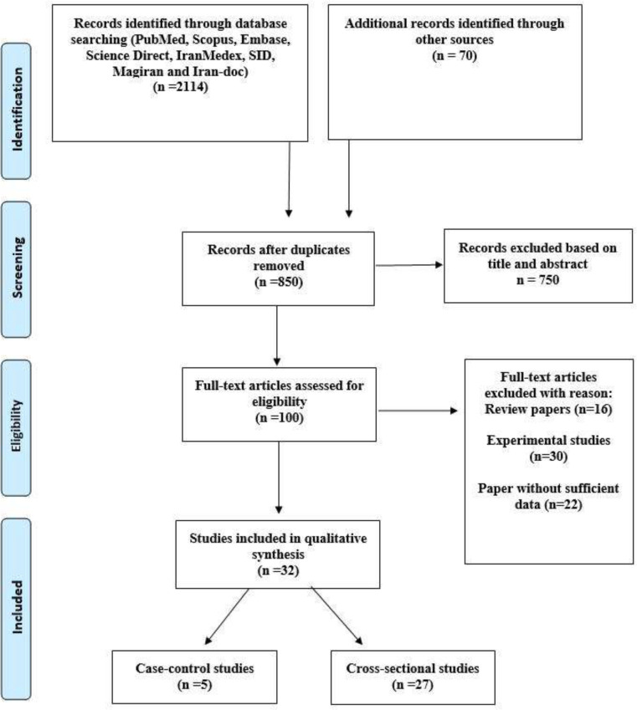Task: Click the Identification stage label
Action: click(17, 110)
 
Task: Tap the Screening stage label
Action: click(17, 268)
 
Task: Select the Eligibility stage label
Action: click(17, 426)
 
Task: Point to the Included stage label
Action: click(17, 607)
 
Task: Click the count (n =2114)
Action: click(181, 86)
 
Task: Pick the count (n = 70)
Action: click(455, 55)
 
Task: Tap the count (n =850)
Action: click(279, 282)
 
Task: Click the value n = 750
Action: click(537, 280)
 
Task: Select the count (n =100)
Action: click(280, 417)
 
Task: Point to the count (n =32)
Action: click(278, 570)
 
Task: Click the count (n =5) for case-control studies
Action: click(194, 685)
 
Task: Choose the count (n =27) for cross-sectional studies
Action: click(413, 685)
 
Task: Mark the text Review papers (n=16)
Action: click(548, 409)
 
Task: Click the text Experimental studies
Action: click(548, 440)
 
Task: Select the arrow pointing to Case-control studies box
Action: click(227, 616)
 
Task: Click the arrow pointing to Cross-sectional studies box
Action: click(336, 616)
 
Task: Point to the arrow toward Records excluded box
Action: click(409, 265)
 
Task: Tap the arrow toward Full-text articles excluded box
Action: click(418, 411)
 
